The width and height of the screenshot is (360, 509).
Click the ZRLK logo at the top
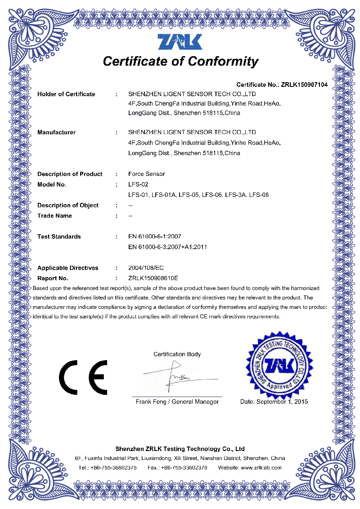[x=180, y=41]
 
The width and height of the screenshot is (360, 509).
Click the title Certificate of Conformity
[x=180, y=61]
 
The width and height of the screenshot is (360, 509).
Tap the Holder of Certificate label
[x=66, y=94]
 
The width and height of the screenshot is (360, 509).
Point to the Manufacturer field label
[x=56, y=132]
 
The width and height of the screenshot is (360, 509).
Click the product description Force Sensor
[x=146, y=174]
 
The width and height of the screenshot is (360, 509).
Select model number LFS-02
[x=138, y=184]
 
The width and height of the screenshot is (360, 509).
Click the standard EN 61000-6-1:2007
[x=155, y=237]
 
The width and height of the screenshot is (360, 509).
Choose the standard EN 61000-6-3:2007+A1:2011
[x=167, y=247]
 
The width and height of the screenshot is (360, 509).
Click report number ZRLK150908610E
[x=153, y=278]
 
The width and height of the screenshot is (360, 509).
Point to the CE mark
[x=83, y=377]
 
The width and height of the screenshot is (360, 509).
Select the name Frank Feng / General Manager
[x=177, y=402]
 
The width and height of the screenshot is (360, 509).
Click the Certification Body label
[x=177, y=354]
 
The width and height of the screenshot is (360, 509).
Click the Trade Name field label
[x=54, y=216]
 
